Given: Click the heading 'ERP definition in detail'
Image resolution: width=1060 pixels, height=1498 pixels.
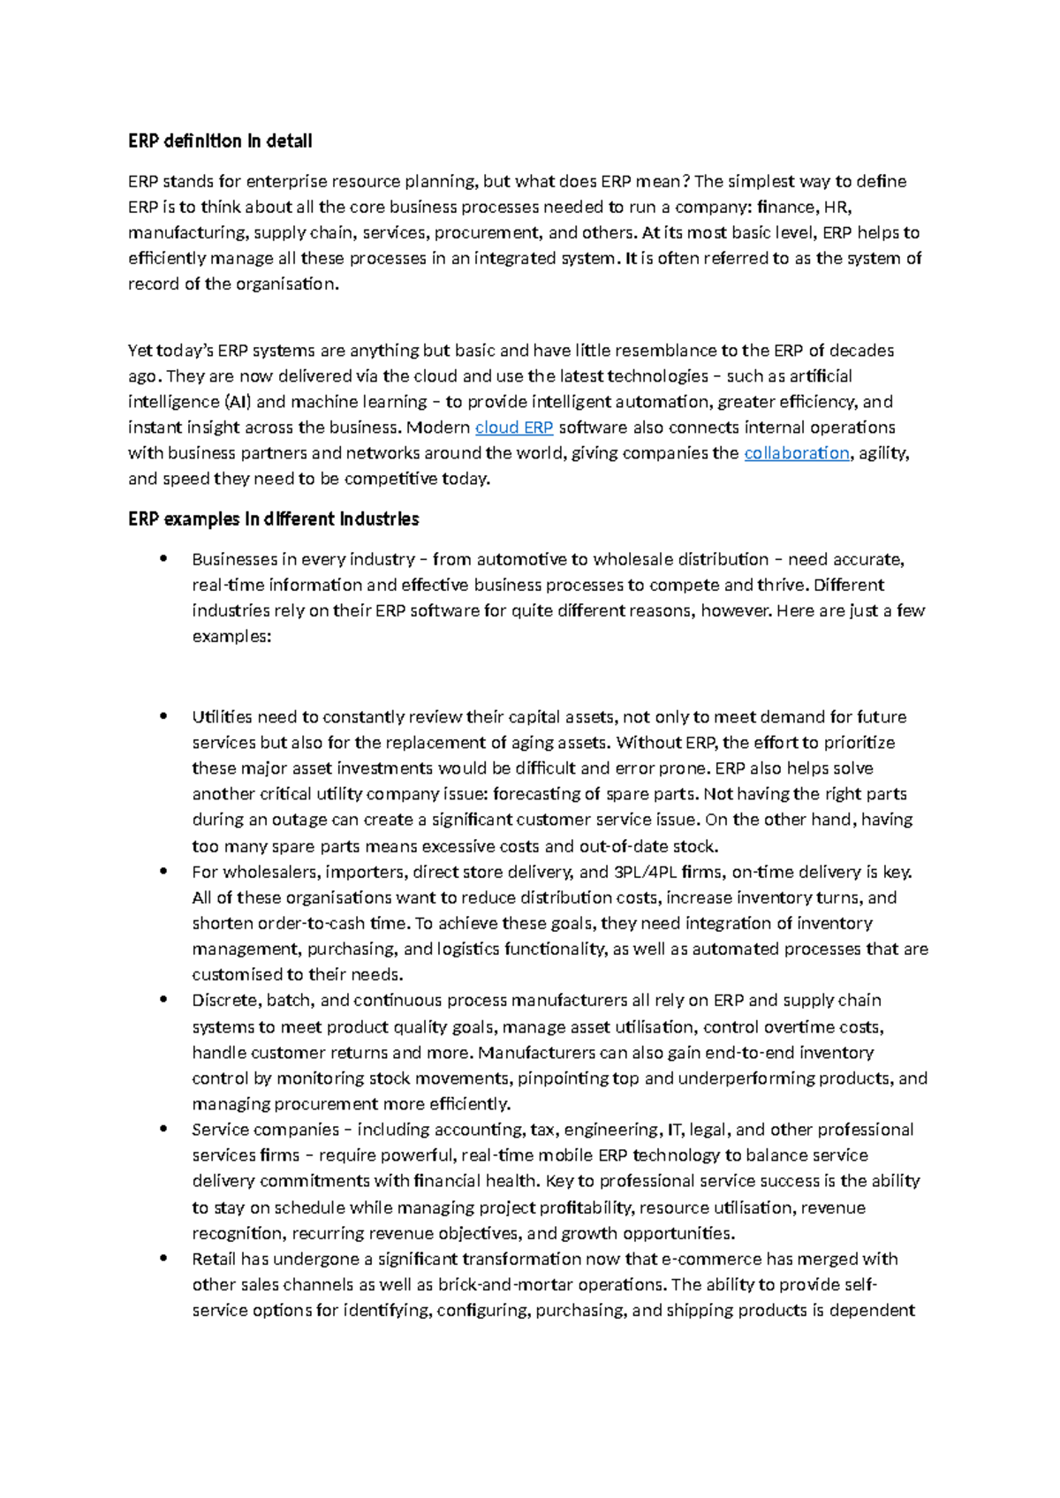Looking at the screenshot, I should [220, 141].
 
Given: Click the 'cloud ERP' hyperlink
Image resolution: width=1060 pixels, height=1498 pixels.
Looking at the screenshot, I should [514, 427].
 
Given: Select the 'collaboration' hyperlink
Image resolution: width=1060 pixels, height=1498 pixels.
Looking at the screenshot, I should [796, 453].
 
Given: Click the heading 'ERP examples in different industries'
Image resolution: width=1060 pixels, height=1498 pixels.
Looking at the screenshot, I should [273, 519].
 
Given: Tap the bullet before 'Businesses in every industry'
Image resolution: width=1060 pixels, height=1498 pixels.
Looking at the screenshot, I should [163, 559].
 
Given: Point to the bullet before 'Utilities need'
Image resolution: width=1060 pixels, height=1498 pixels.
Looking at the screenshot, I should [163, 716].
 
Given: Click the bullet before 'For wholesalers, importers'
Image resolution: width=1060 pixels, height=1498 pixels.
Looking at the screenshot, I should [163, 872].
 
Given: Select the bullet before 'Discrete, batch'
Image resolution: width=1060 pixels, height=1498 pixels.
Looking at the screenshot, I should [163, 1000].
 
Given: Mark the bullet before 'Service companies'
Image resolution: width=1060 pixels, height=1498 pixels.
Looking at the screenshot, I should [163, 1129].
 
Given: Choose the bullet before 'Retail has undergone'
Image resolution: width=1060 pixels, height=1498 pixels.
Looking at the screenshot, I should [163, 1259].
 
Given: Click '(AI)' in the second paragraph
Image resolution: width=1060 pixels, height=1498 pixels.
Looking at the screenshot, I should [238, 402].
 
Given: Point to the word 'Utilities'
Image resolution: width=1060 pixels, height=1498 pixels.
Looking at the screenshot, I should [221, 717].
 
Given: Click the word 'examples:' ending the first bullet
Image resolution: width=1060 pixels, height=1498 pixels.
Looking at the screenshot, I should [231, 637].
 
